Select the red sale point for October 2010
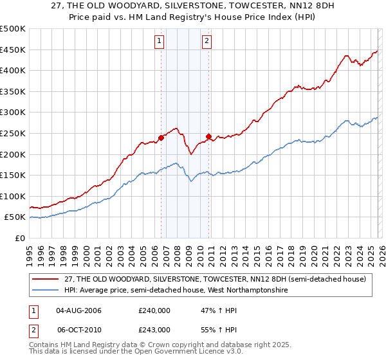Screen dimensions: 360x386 (208, 136)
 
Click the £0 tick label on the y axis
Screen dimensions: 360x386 (21, 238)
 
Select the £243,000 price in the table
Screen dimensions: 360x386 (154, 329)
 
